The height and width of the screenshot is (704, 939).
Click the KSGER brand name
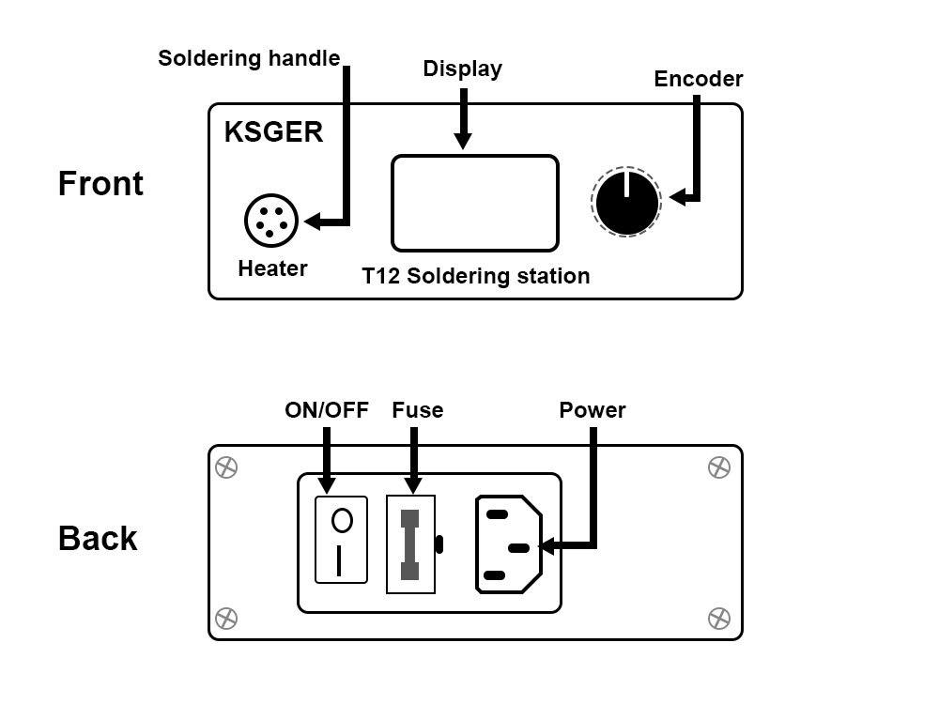point(273,132)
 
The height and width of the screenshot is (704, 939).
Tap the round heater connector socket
point(271,221)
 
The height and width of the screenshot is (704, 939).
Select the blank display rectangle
point(474,204)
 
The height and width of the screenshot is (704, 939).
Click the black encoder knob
point(626,202)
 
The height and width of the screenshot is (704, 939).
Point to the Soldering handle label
point(249,58)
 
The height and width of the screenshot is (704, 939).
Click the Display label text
point(462,69)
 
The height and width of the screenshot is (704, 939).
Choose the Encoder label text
point(698,80)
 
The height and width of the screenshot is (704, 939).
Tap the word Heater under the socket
point(272,268)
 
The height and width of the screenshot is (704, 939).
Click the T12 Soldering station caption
point(476,276)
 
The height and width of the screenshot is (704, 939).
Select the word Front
point(100,183)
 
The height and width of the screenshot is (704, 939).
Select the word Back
point(98,539)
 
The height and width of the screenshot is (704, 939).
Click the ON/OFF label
point(327,410)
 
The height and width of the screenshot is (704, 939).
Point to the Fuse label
point(417,410)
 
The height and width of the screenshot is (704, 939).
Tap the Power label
point(592,410)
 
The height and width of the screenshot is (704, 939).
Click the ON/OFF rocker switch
point(341,541)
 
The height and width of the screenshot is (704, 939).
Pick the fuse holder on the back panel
point(410,543)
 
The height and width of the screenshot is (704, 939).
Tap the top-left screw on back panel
point(226,467)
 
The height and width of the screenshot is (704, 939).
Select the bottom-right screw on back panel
point(718,618)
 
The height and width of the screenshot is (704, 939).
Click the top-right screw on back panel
point(718,467)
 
